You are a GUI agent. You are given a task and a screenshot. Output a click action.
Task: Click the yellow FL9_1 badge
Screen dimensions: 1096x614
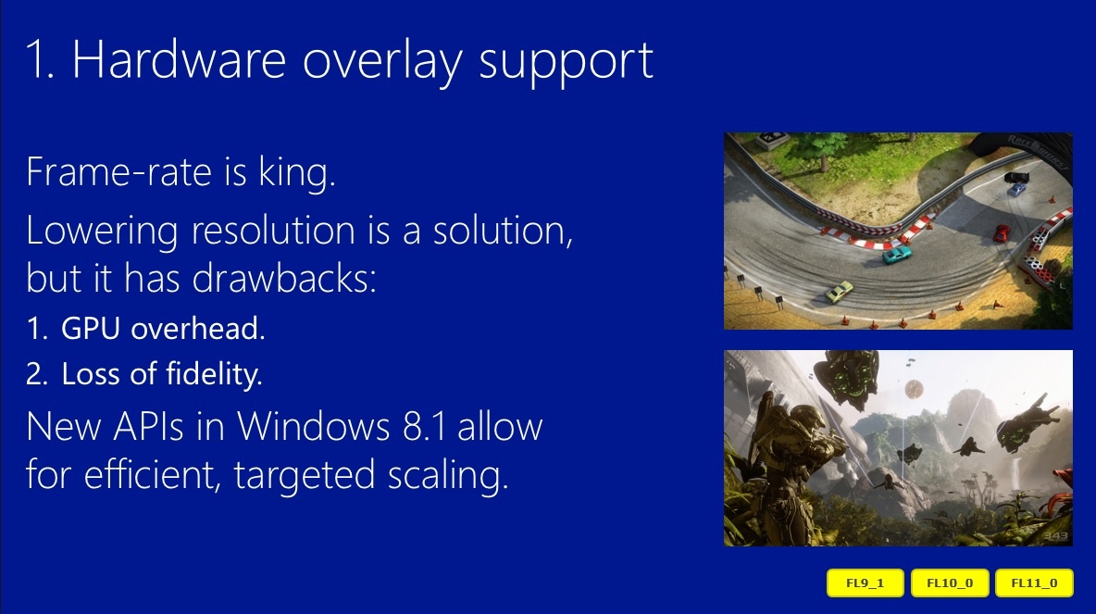865,583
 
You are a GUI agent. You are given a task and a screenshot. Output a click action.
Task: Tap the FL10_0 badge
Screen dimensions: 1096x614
949,583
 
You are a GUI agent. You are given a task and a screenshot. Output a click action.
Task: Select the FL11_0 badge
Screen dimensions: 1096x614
1034,583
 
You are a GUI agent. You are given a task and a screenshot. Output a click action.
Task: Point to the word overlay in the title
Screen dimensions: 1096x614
382,63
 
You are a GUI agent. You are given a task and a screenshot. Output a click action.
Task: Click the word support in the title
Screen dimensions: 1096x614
567,64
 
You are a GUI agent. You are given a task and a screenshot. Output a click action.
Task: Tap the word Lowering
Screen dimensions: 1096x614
102,232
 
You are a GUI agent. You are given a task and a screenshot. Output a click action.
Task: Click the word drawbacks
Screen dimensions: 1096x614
284,278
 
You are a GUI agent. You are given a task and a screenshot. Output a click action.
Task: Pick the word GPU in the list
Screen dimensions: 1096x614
91,328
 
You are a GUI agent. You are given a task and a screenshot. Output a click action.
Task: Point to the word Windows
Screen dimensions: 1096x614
313,426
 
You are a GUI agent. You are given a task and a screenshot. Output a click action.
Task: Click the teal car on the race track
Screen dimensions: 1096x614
897,254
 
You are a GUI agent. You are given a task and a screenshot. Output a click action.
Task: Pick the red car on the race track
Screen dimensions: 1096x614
1002,232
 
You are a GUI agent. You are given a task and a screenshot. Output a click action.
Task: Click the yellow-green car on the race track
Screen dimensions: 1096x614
839,291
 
